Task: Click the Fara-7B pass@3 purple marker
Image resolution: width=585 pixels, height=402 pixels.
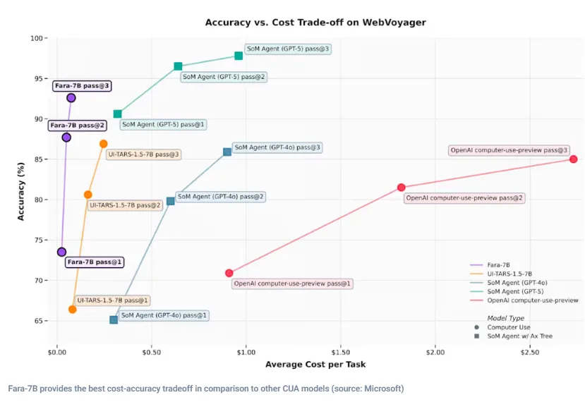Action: pos(71,98)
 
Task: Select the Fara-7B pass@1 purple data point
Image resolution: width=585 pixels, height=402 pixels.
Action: pos(61,252)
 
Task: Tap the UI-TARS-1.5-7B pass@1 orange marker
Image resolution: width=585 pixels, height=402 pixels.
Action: pos(73,309)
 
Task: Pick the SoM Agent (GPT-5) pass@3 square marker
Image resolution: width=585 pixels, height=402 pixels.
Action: pos(239,56)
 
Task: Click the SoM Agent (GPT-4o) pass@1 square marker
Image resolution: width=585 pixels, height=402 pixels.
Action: pos(114,319)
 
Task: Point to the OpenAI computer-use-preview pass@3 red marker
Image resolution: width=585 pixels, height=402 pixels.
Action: pos(574,159)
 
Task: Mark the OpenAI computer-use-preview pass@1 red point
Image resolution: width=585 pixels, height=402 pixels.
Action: pos(229,273)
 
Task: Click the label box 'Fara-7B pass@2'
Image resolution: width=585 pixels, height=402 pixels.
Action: pos(77,126)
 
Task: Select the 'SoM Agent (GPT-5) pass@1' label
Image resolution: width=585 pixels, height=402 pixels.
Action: pos(163,125)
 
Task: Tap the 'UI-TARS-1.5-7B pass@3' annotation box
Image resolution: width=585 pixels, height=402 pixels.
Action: pos(144,154)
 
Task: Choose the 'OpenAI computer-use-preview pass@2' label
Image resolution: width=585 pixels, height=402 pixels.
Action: pos(464,198)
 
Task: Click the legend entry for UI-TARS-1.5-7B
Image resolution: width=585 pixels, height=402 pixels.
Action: pos(501,274)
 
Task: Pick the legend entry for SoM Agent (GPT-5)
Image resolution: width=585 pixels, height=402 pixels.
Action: pos(507,291)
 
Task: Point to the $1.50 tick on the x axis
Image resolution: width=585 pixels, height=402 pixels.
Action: pos(341,353)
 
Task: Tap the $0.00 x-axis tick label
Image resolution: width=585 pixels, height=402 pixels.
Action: pos(56,353)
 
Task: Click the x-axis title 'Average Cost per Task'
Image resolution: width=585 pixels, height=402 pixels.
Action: pos(315,365)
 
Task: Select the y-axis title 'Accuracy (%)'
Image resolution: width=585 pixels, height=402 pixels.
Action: pos(21,191)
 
